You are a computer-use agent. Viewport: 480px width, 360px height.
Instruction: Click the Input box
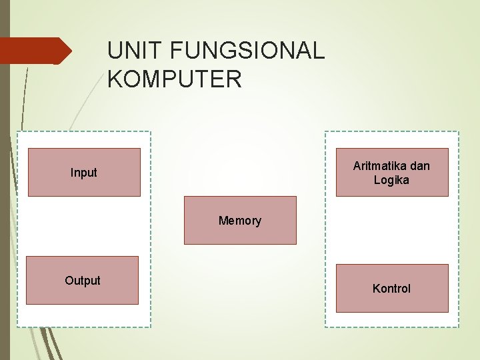pos(84,172)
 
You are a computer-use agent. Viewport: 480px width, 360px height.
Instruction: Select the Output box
pos(82,281)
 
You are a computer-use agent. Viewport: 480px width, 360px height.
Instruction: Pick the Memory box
pos(240,221)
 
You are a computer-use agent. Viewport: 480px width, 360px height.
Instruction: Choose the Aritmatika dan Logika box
pos(392,172)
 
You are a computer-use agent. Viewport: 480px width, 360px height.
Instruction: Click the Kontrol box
pos(392,289)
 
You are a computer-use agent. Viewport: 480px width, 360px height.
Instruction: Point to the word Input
pos(84,173)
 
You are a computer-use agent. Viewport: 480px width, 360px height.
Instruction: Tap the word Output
pos(83,281)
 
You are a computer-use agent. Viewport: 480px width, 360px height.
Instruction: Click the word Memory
pos(240,221)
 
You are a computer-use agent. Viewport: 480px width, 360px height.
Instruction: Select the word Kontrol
pos(392,289)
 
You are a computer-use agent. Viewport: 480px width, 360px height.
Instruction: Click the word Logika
pos(392,180)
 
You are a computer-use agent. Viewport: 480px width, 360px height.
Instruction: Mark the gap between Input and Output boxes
pos(83,226)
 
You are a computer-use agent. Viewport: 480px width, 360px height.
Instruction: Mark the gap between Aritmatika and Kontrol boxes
pos(392,230)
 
